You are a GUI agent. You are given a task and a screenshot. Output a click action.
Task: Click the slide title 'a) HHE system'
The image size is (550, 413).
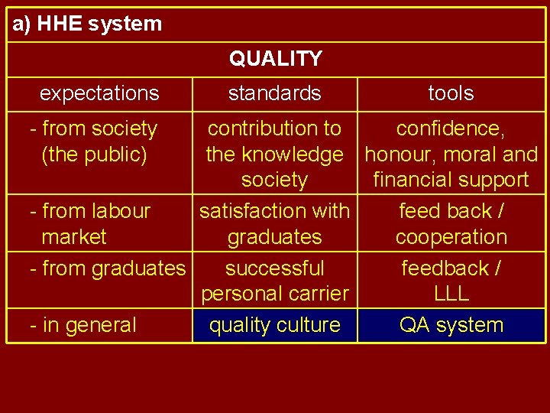click(87, 24)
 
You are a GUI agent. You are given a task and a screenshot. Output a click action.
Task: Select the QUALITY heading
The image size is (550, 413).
click(275, 59)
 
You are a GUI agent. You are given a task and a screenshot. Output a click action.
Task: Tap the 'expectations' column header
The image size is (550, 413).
click(99, 93)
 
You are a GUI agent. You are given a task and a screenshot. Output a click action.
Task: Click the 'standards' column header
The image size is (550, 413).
click(274, 93)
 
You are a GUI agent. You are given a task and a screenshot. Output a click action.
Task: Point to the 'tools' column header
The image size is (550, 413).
click(451, 93)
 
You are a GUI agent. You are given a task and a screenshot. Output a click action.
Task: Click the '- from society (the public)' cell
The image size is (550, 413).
click(93, 141)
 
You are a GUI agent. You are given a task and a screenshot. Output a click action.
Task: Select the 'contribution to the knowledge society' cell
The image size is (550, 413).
click(274, 154)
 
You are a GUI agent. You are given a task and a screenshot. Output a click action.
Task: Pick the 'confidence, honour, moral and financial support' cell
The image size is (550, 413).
click(451, 154)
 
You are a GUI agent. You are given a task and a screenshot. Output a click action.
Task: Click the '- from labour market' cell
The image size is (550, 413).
click(89, 223)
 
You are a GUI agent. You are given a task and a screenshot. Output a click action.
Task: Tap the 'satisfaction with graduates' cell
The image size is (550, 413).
click(274, 223)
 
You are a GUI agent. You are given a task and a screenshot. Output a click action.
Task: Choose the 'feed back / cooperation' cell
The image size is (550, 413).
click(451, 223)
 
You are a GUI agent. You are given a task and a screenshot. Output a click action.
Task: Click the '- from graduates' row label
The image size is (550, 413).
click(107, 268)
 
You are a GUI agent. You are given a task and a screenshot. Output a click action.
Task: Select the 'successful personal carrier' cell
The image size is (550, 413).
click(274, 281)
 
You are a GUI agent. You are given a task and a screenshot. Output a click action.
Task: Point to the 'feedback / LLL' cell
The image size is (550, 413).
click(451, 281)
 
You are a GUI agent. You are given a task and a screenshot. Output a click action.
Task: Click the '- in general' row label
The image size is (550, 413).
click(82, 325)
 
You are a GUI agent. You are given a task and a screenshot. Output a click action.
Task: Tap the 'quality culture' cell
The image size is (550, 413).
click(274, 325)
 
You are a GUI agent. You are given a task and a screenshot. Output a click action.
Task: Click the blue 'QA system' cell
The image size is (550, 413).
click(451, 325)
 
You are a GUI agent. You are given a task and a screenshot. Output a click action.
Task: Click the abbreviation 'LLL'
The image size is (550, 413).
click(451, 294)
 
